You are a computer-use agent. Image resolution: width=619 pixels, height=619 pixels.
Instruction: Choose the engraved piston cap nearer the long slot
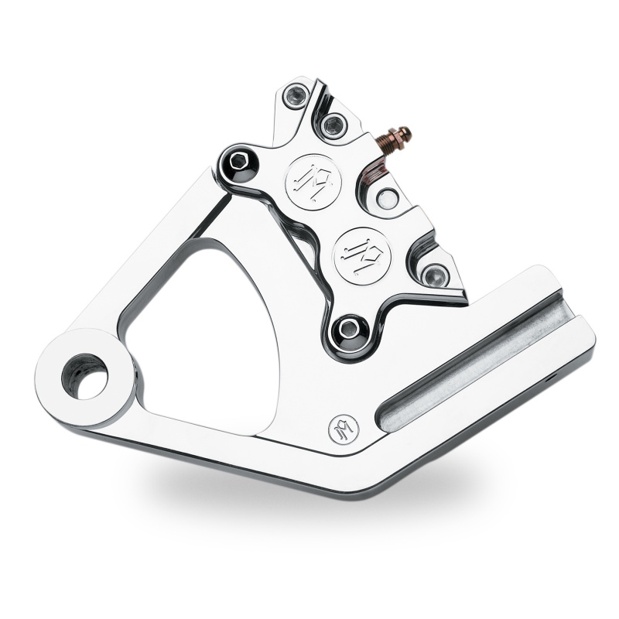(361, 251)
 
